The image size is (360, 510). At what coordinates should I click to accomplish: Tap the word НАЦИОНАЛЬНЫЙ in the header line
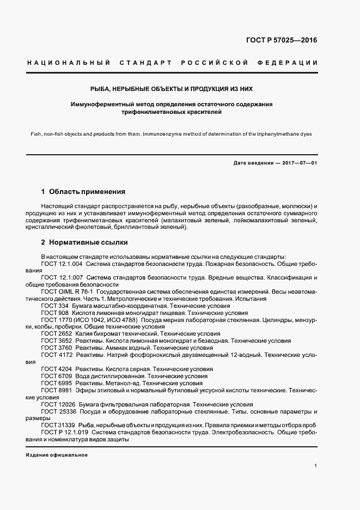click(68, 63)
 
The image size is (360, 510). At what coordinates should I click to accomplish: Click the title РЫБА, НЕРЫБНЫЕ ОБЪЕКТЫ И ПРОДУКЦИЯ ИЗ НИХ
click(172, 88)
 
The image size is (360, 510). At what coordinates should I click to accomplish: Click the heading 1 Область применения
click(83, 192)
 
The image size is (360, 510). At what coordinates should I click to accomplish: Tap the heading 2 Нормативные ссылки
click(84, 242)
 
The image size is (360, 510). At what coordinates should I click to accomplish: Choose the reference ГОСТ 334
click(54, 306)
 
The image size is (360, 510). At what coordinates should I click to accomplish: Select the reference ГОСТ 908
click(54, 313)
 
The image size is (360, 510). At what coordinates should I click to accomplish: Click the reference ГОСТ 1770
click(56, 320)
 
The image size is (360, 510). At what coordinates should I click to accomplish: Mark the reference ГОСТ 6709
click(56, 377)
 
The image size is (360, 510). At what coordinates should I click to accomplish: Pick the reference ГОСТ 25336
click(57, 411)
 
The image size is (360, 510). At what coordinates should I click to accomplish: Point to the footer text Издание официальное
click(57, 455)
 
